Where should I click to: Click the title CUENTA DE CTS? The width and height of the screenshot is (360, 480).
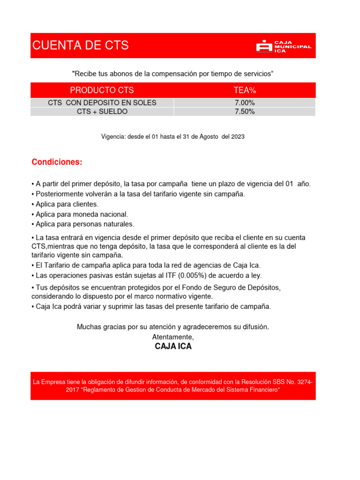point(80,46)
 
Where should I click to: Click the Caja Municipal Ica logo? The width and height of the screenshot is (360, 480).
point(284,46)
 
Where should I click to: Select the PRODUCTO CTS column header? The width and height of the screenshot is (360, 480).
point(102,90)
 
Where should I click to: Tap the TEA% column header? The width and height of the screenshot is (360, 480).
point(245,90)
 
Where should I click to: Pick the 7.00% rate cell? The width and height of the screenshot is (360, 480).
point(245,103)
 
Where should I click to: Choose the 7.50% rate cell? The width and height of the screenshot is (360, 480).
point(245,112)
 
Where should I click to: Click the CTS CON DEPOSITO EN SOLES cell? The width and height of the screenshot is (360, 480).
point(102,103)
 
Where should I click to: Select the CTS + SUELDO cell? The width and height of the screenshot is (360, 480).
point(102,112)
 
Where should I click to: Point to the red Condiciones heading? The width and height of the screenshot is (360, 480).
point(57,162)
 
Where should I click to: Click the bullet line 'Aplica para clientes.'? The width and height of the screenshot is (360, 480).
point(65,204)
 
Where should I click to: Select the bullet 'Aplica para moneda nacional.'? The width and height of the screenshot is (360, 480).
point(79,214)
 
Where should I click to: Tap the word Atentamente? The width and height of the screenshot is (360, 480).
point(173,337)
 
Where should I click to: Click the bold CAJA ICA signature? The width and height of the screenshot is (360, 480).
point(173,347)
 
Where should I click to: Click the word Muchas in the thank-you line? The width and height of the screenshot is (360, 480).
point(88,327)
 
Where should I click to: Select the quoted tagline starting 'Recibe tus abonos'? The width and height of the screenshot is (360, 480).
point(172,74)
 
